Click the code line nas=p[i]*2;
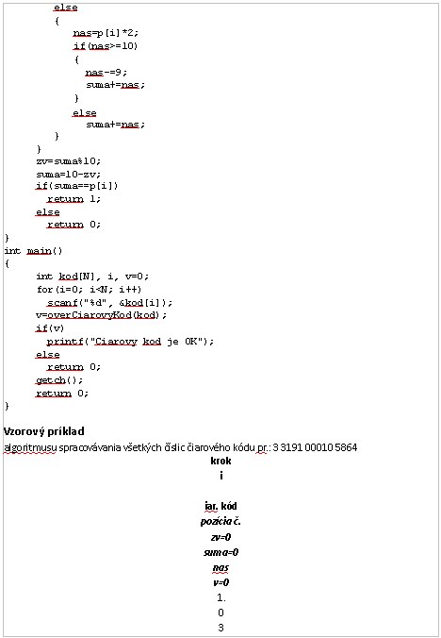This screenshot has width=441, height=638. tap(106, 32)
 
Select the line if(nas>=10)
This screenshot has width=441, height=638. tap(106, 46)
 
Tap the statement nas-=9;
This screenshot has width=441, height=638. tap(106, 72)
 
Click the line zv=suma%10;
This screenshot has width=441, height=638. tap(68, 161)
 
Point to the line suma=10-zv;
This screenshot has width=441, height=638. tap(68, 175)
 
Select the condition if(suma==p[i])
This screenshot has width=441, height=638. tap(76, 186)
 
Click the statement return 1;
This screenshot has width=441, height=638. tap(73, 199)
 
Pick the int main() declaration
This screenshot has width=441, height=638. tap(33, 251)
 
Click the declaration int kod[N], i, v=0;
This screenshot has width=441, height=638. tap(92, 277)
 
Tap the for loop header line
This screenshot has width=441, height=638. tap(89, 290)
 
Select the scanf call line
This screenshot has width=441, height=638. tap(109, 303)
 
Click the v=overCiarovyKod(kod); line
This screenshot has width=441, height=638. tap(101, 315)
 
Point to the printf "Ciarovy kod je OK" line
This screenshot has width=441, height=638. tap(130, 342)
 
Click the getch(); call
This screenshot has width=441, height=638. tap(59, 380)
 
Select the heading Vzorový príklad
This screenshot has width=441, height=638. tap(44, 431)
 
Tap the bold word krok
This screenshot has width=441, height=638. tap(220, 461)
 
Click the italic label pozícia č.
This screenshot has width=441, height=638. tap(220, 522)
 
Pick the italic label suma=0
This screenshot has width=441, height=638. tap(220, 552)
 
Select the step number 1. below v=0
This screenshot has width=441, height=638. tap(221, 597)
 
